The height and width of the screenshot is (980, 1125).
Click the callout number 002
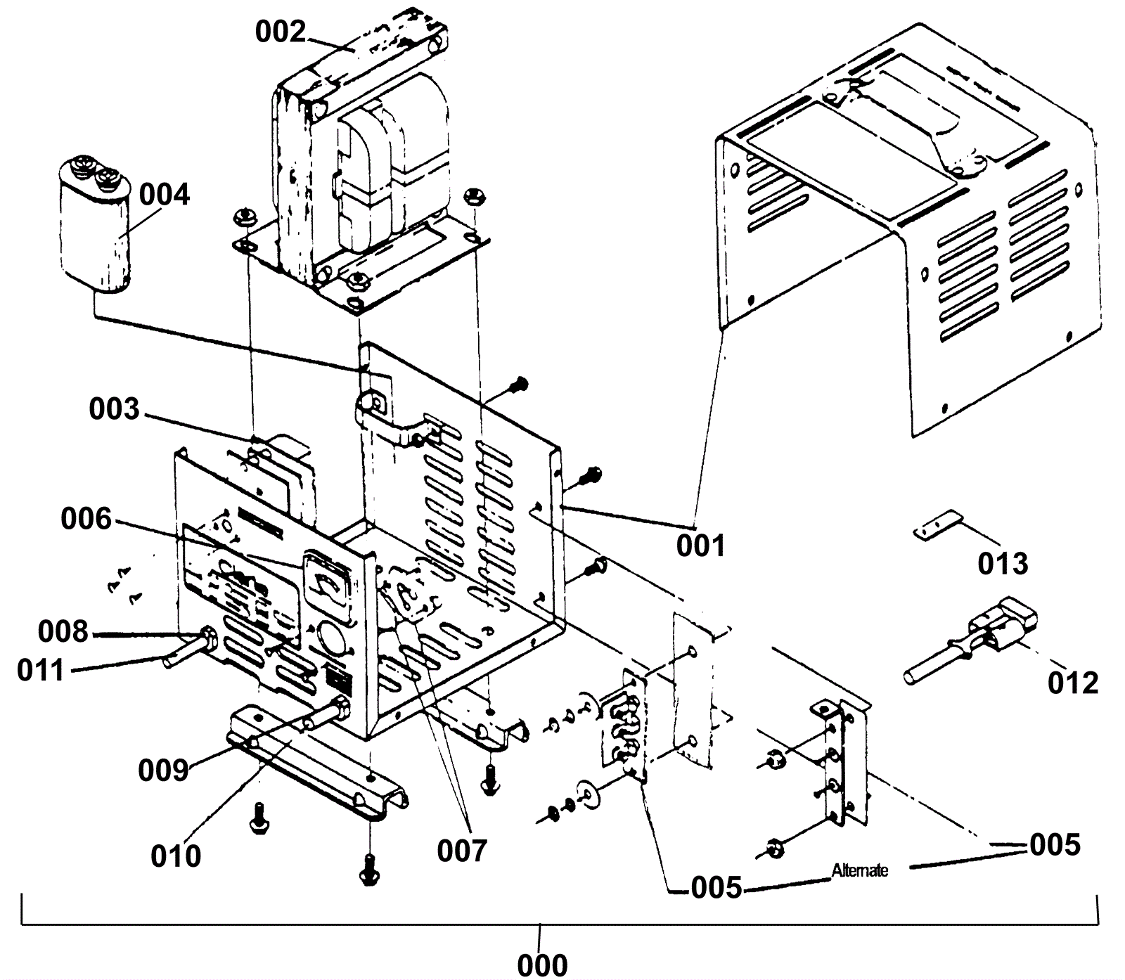click(x=281, y=32)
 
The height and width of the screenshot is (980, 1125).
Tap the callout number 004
click(x=165, y=195)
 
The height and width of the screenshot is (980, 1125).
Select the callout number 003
click(x=114, y=410)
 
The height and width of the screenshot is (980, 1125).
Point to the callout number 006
click(x=86, y=520)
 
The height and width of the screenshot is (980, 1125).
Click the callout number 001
click(x=700, y=546)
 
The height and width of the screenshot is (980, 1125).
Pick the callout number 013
click(x=1003, y=564)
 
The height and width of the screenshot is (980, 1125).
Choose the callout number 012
click(x=1072, y=683)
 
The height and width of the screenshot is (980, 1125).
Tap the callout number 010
click(x=176, y=856)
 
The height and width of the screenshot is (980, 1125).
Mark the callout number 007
click(x=461, y=851)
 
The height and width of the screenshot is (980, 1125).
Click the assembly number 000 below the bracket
click(x=542, y=965)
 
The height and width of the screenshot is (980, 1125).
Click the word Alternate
click(x=859, y=871)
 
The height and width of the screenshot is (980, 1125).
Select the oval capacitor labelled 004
click(x=95, y=225)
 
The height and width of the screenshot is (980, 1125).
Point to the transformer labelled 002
click(x=366, y=176)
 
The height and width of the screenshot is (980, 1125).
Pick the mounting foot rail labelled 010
click(x=316, y=766)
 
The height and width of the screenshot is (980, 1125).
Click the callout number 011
click(x=41, y=671)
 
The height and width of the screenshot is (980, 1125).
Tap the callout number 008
click(x=63, y=632)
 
